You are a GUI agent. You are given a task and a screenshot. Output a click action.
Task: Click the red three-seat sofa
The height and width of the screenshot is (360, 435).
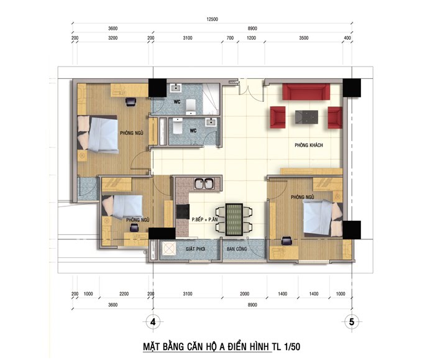click(306, 91)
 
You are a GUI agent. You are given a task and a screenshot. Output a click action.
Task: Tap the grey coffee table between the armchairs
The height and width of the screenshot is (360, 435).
click(306, 117)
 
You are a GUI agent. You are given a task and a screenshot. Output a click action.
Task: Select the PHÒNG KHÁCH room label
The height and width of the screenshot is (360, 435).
click(309, 145)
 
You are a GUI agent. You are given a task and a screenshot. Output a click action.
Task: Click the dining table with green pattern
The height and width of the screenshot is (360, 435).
click(234, 219)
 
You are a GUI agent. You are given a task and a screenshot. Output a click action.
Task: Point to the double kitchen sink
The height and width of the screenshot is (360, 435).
click(204, 184)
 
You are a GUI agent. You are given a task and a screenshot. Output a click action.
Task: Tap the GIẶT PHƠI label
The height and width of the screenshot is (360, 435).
click(195, 249)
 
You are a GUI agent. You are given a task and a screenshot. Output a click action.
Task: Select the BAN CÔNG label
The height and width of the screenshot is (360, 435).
click(237, 249)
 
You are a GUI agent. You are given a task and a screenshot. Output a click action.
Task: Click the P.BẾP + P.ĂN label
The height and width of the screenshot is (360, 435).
click(204, 219)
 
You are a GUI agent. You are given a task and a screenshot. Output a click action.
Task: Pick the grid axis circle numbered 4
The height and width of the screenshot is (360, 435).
click(153, 322)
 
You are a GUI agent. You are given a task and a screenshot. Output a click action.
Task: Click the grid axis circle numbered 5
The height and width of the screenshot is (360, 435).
click(352, 322)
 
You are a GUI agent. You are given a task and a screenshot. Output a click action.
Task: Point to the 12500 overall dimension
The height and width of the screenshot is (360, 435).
click(213, 19)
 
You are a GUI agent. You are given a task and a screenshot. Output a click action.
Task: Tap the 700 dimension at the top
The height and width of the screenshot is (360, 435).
click(230, 38)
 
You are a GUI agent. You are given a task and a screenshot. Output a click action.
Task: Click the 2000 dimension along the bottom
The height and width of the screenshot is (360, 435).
click(244, 293)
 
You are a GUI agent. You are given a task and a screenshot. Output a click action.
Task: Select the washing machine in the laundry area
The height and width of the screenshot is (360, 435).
click(168, 248)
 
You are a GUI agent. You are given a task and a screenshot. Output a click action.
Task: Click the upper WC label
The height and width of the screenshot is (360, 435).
click(177, 102)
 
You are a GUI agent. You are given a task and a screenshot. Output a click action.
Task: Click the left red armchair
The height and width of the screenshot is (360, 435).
click(278, 118)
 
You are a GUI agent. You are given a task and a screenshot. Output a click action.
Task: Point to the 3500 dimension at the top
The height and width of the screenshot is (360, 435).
click(304, 38)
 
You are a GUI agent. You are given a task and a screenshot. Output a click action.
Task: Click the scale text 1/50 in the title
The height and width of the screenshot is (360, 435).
click(292, 347)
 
